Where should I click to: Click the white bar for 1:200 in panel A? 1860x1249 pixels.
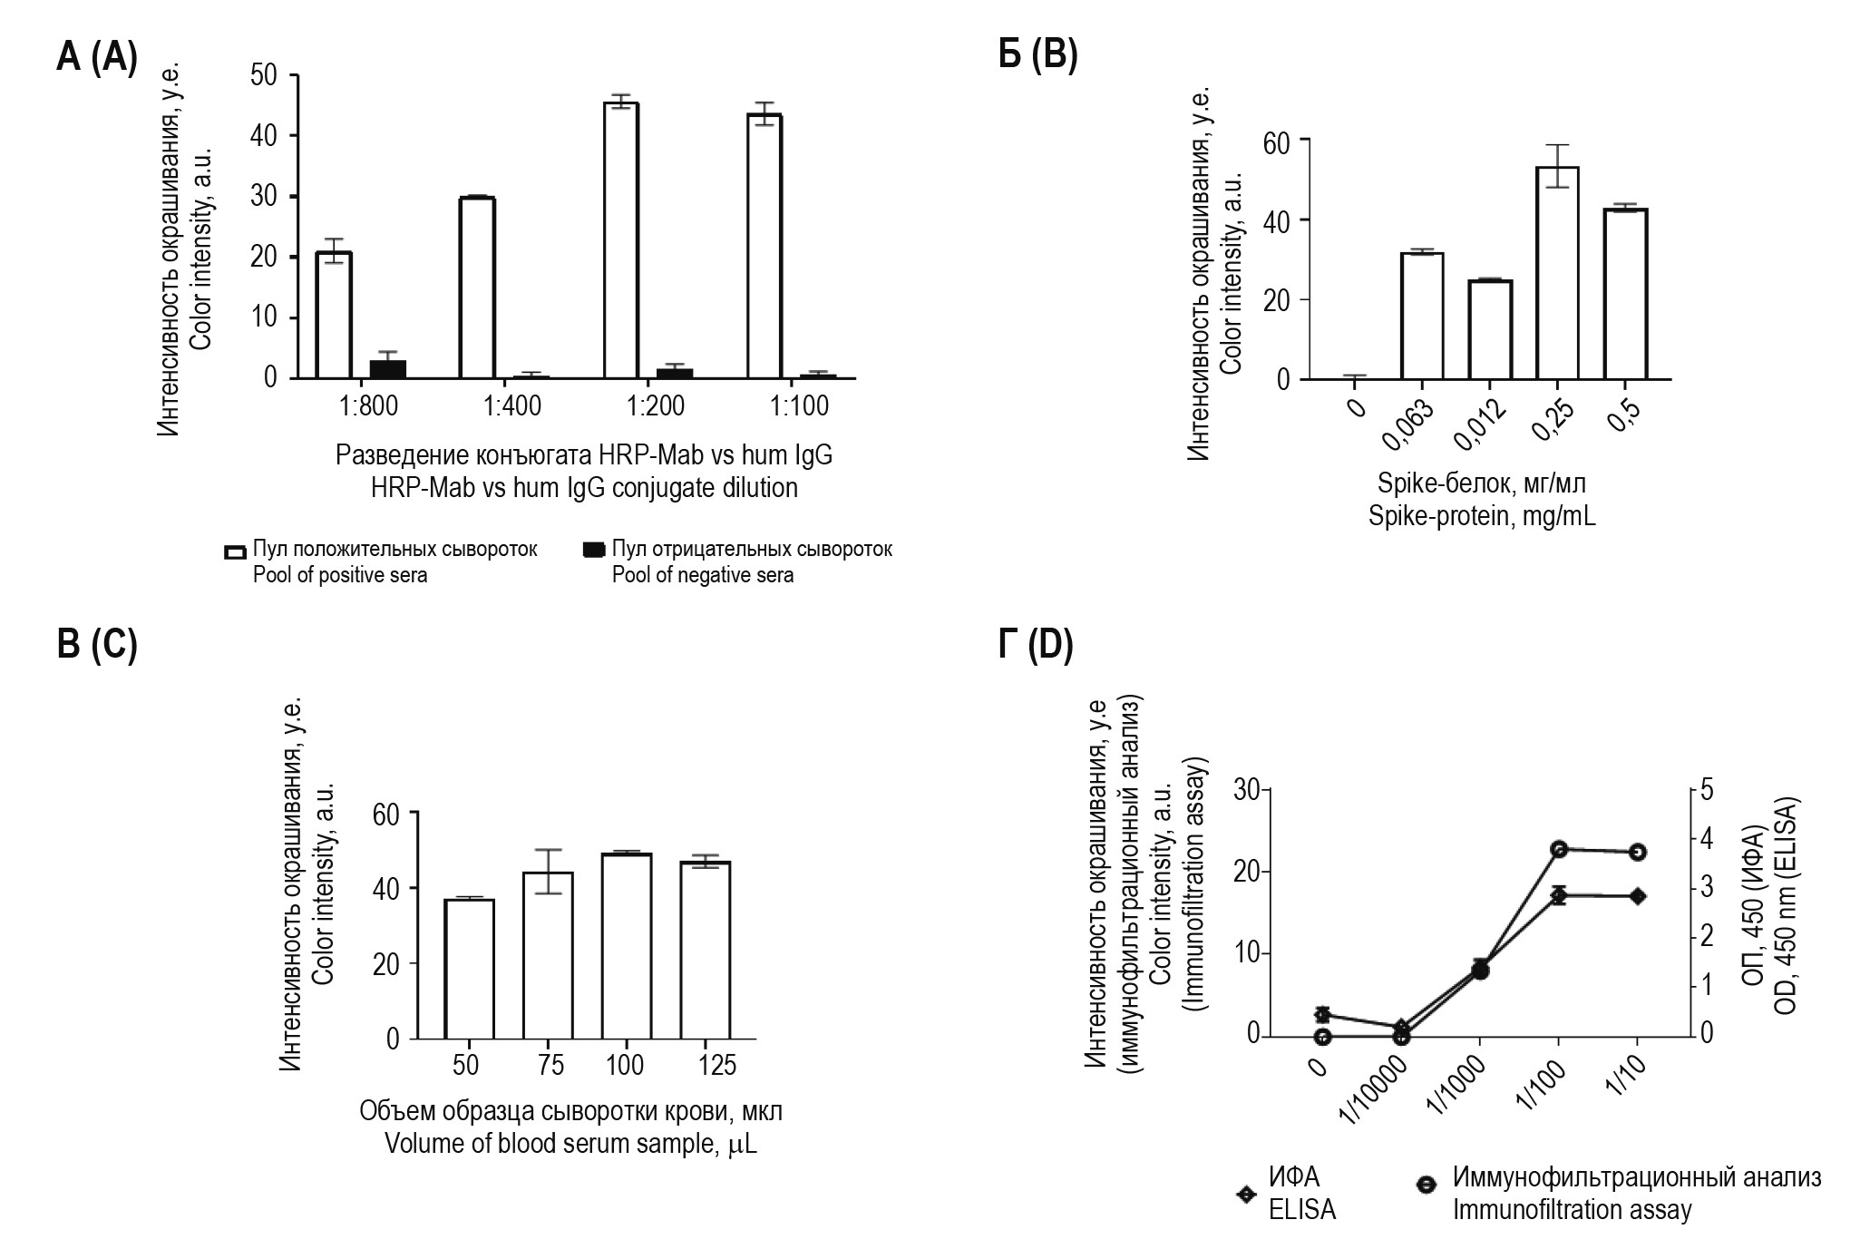621,240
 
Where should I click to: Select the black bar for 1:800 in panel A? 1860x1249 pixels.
387,368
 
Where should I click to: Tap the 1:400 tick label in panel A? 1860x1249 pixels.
512,405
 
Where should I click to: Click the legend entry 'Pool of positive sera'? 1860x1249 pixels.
339,575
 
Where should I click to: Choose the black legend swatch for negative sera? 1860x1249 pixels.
593,550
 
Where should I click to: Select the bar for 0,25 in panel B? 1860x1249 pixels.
1557,272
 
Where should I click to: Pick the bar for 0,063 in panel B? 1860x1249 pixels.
1422,316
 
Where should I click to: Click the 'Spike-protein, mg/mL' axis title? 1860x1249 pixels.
1482,517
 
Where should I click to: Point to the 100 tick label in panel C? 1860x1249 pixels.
625,1064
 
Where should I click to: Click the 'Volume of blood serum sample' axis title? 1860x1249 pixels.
570,1144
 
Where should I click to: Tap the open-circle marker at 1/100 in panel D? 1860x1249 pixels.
1559,849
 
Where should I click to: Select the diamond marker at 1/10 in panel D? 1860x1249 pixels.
1637,896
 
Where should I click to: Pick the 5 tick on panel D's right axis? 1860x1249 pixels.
1708,789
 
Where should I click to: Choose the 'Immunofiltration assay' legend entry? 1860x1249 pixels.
1572,1209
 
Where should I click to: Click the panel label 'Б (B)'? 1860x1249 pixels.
1037,56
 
